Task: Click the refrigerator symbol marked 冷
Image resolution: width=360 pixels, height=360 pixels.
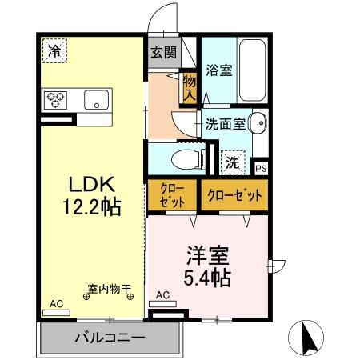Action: click(54, 51)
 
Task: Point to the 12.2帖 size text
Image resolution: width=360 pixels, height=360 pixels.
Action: click(90, 208)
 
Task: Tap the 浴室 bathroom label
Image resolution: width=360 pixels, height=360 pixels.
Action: click(218, 70)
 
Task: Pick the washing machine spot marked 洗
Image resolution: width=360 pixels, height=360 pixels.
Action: click(233, 161)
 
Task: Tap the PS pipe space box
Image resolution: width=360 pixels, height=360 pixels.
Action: click(261, 168)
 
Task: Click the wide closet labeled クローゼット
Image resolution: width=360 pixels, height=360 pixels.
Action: click(234, 195)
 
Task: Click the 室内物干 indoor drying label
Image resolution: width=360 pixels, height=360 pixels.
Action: click(110, 290)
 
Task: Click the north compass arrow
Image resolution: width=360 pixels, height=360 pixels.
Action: click(306, 337)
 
